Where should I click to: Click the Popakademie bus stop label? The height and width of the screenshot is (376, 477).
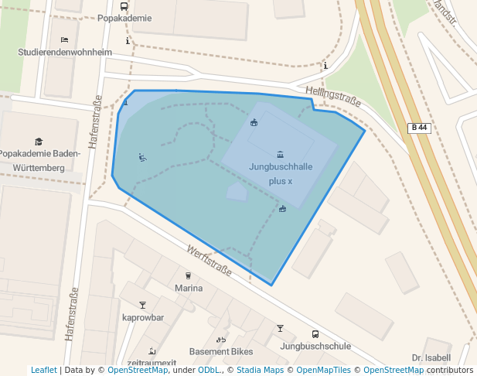(124, 18)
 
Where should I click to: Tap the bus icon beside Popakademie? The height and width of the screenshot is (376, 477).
(124, 5)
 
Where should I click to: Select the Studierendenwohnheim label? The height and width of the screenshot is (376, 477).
(65, 53)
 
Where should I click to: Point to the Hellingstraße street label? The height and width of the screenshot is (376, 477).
(333, 97)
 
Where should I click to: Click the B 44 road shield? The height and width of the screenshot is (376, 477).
(418, 128)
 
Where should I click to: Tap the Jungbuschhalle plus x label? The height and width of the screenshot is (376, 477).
(281, 173)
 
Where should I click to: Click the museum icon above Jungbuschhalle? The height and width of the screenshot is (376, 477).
(280, 155)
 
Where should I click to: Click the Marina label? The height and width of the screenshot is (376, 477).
(189, 289)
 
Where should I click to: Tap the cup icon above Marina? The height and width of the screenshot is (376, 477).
(188, 275)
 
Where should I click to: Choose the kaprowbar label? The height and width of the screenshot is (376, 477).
(143, 317)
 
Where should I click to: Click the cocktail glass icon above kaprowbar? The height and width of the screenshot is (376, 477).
(142, 305)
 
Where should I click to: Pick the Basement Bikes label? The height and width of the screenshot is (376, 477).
(221, 351)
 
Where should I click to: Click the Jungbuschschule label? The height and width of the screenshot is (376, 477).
(315, 347)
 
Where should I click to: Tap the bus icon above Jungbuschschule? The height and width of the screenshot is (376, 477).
(315, 334)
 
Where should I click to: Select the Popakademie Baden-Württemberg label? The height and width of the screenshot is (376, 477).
(39, 160)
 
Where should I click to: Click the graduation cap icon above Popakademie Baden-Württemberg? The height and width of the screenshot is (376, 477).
(39, 142)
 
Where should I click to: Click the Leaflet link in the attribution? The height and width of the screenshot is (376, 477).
(44, 371)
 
